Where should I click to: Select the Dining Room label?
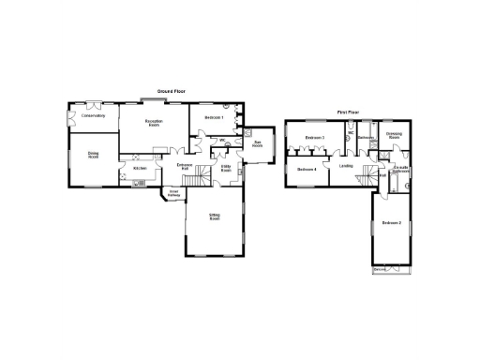[94, 155]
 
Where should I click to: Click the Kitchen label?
[140, 168]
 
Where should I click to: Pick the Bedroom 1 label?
[214, 116]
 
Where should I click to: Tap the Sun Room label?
[257, 144]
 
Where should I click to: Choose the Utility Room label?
[226, 169]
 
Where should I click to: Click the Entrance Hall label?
[186, 166]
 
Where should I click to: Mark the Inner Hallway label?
[173, 194]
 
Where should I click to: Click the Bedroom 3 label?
[313, 138]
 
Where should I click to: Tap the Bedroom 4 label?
[307, 169]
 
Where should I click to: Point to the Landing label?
[346, 166]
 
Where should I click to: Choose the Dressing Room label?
[395, 135]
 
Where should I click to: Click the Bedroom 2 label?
[391, 222]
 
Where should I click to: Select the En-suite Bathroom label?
[400, 170]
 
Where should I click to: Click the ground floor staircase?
[194, 178]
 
